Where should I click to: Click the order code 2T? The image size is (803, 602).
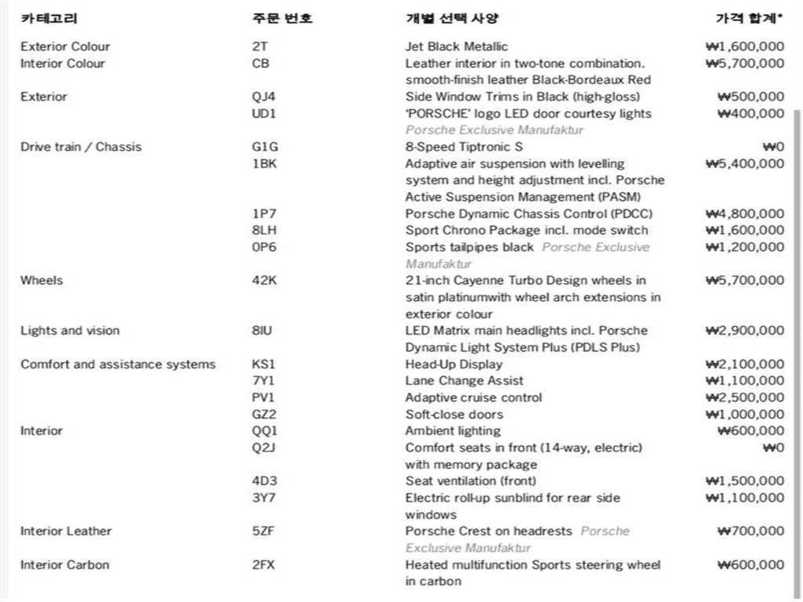(260, 46)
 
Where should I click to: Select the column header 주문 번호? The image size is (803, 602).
(282, 18)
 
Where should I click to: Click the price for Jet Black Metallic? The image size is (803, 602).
(744, 46)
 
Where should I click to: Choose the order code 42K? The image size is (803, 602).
(264, 281)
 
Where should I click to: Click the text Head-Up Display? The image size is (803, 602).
(454, 364)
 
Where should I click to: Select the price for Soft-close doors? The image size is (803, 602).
(744, 414)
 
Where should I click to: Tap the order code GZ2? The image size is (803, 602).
(264, 414)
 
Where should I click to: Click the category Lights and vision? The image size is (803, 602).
(70, 331)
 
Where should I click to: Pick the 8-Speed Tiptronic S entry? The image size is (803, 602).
(463, 147)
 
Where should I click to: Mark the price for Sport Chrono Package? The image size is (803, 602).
(744, 230)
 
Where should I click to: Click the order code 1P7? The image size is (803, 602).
(263, 214)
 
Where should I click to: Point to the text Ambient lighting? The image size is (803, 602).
(452, 431)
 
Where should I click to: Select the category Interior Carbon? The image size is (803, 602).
(64, 564)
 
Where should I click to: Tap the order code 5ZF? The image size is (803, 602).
(263, 531)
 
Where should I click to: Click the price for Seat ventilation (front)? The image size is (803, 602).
(744, 481)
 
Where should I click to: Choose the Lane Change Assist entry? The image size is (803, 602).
(464, 381)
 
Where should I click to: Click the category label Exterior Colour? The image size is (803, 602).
(65, 46)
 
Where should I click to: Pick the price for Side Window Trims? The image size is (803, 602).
(750, 96)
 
